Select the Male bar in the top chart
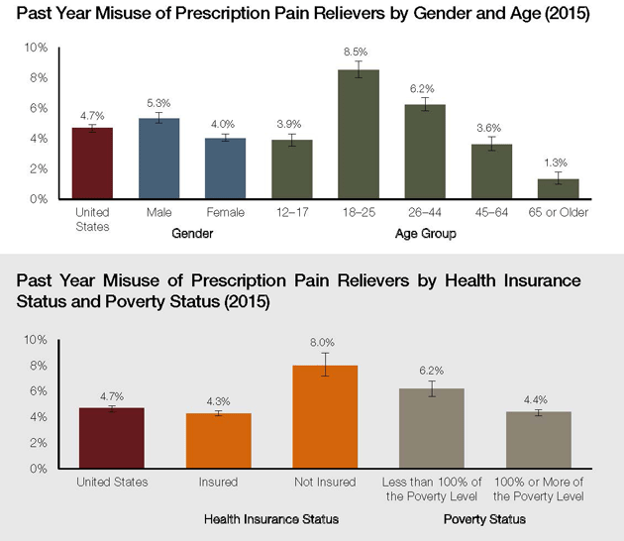(x=158, y=159)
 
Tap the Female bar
(x=225, y=168)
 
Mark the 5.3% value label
(x=158, y=104)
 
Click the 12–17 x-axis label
(x=291, y=213)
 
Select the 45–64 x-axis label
(x=492, y=213)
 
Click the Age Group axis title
(x=426, y=234)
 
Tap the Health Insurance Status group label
(x=271, y=519)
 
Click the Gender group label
(x=191, y=234)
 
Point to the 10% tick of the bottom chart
(x=36, y=340)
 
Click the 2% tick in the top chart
(x=36, y=169)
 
